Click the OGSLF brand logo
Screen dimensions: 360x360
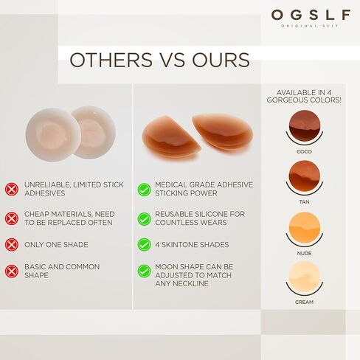tap(311, 18)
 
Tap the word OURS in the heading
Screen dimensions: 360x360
tap(221, 60)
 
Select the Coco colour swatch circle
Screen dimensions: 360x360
tap(305, 125)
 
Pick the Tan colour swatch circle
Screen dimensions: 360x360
tap(305, 176)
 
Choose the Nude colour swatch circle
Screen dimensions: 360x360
tap(305, 227)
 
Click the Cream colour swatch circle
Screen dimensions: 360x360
tap(305, 277)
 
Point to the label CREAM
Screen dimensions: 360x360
tap(304, 302)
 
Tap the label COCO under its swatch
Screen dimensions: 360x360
tap(304, 152)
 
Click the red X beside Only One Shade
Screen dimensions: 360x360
tap(12, 244)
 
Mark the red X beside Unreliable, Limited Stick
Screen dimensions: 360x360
tap(12, 189)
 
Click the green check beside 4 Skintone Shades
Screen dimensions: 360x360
tap(144, 244)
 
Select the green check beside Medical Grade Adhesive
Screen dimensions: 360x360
tap(144, 190)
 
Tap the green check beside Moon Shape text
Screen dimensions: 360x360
tap(144, 271)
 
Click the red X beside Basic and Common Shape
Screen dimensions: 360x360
tap(12, 271)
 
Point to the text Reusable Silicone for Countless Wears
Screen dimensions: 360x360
tap(200, 218)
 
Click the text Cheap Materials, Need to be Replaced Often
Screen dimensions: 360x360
tap(69, 218)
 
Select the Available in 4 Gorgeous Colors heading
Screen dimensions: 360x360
tap(304, 97)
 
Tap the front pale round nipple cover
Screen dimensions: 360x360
tap(53, 135)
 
